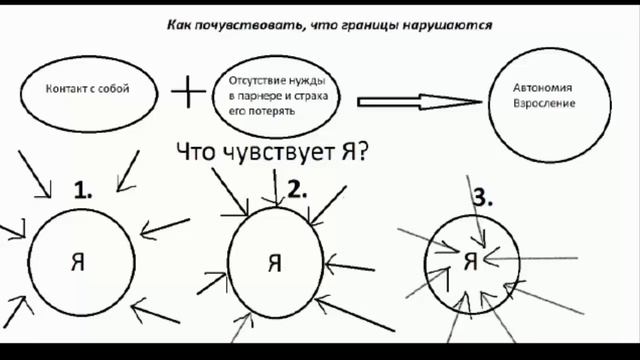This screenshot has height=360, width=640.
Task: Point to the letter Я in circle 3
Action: click(x=470, y=262)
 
